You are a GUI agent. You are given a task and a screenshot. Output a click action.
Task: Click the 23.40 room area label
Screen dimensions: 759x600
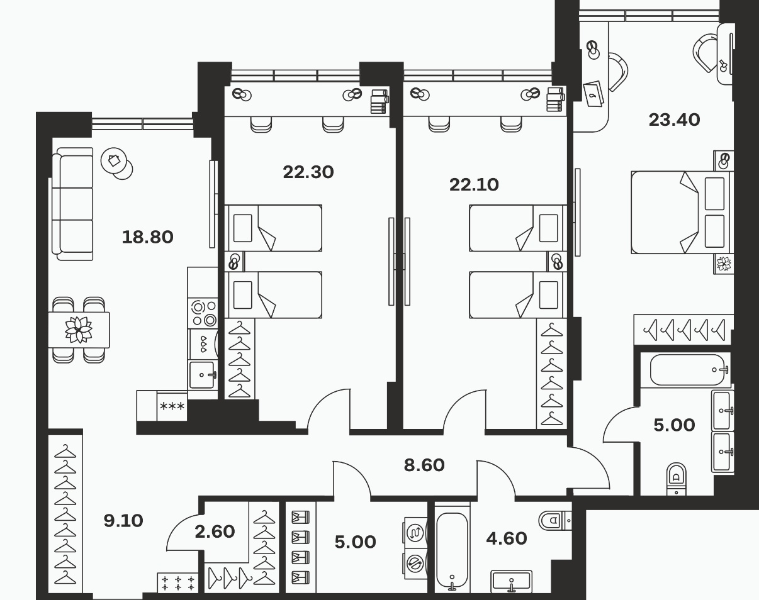click(674, 120)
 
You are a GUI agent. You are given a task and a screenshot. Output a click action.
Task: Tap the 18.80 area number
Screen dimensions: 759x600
click(147, 237)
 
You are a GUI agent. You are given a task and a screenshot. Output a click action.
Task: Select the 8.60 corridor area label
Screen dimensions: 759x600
click(424, 465)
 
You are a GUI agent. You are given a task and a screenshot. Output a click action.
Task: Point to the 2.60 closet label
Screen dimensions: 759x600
click(215, 531)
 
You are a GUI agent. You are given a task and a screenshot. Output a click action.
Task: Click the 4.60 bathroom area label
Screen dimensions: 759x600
click(507, 538)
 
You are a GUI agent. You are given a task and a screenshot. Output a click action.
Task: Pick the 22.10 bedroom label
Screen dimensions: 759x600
click(474, 185)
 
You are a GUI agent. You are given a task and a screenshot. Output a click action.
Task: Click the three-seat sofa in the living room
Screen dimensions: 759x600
click(72, 204)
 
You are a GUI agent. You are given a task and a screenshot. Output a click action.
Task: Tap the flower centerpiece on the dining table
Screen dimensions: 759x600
click(79, 330)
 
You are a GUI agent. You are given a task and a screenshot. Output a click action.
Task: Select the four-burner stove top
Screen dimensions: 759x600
click(203, 313)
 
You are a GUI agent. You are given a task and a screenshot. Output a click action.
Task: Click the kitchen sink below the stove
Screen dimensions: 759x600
click(203, 375)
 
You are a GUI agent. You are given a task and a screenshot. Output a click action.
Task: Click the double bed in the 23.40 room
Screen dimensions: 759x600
click(682, 213)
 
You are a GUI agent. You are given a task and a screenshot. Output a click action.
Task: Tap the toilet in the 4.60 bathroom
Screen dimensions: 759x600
click(555, 520)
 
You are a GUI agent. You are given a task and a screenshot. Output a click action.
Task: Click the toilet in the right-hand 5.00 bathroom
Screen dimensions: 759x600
click(676, 479)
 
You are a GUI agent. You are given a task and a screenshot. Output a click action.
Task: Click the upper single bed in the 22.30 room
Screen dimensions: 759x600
click(273, 228)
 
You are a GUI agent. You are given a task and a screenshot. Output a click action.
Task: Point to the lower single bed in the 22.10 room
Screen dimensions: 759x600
click(518, 295)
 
